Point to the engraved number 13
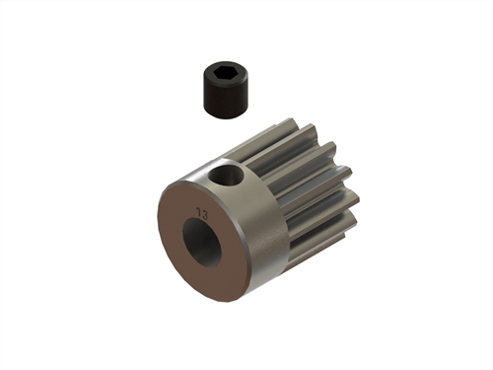203,211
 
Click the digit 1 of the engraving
199,211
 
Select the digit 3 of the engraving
206,212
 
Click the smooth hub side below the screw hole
251,232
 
